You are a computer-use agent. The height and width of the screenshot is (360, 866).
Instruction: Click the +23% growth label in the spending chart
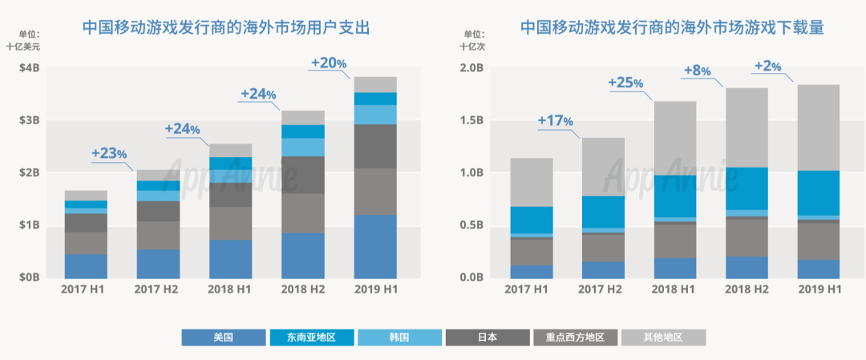[x=109, y=152]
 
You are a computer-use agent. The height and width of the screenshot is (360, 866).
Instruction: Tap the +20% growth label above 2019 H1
[x=328, y=63]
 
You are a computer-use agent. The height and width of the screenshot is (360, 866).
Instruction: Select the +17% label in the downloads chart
[x=556, y=121]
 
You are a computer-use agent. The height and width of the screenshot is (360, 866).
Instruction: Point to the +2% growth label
[x=767, y=67]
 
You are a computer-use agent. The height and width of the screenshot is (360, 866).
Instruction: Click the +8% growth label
[x=697, y=71]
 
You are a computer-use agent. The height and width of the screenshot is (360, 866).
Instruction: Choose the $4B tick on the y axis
[x=29, y=68]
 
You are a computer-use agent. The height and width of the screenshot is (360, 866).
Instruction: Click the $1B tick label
[x=29, y=225]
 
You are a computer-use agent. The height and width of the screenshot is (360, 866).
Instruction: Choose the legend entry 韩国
[x=399, y=338]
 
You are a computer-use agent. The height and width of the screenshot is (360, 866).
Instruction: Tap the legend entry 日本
[x=487, y=338]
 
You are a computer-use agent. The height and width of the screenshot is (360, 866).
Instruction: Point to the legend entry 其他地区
[x=662, y=338]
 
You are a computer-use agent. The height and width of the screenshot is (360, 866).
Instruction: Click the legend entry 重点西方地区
[x=574, y=338]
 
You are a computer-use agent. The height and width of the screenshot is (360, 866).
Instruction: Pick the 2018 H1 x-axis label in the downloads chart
[x=674, y=289]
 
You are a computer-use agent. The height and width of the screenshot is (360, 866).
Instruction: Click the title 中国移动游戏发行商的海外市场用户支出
[x=226, y=28]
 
